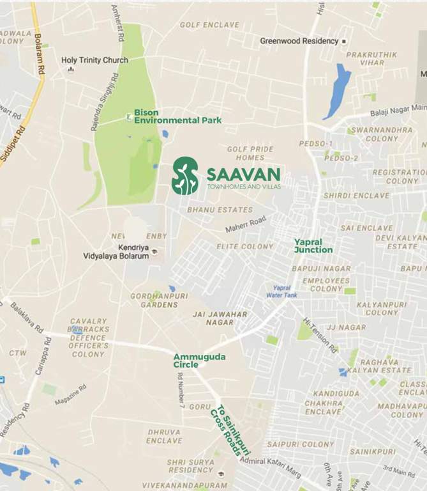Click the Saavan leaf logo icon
click(185, 176)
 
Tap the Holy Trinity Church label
click(94, 60)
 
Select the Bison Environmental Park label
click(177, 116)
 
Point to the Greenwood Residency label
click(299, 41)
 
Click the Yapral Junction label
click(313, 245)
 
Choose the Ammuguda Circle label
click(199, 361)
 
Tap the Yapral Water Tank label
click(281, 292)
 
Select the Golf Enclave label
click(209, 25)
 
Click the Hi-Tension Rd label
click(320, 336)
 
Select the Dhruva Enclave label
click(164, 436)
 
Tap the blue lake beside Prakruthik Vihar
click(338, 91)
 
